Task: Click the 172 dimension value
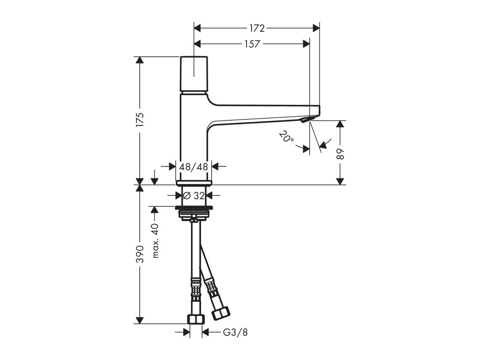pyautogui.click(x=257, y=28)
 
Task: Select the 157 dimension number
pyautogui.click(x=252, y=44)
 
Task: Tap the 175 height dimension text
pyautogui.click(x=140, y=120)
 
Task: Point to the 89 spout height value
pyautogui.click(x=340, y=154)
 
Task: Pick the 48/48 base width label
pyautogui.click(x=194, y=167)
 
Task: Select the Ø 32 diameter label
pyautogui.click(x=194, y=195)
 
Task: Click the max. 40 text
pyautogui.click(x=156, y=240)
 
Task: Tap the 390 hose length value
pyautogui.click(x=140, y=254)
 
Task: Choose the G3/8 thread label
pyautogui.click(x=235, y=332)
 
